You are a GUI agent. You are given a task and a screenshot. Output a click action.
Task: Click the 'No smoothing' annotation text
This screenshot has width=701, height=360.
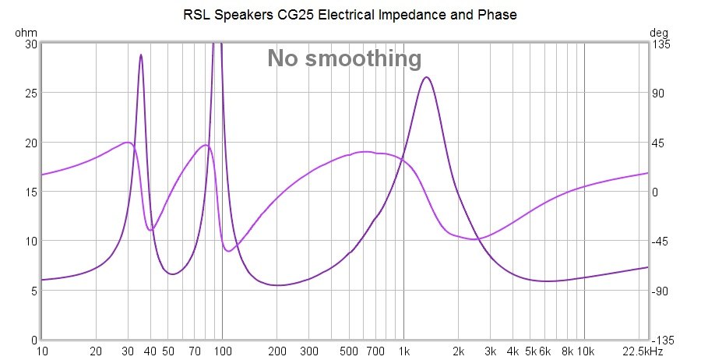tap(344, 58)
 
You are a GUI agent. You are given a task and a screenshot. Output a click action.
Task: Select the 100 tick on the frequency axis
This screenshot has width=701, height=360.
tap(223, 351)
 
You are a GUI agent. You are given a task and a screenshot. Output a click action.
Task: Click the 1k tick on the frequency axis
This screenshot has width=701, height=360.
tap(403, 351)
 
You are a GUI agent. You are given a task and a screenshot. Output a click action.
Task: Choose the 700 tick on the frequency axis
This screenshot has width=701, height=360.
tap(375, 351)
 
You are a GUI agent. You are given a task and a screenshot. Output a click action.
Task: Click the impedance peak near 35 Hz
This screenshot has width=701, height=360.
tap(141, 55)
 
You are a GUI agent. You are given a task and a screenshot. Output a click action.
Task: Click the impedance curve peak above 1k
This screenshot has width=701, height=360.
tap(426, 77)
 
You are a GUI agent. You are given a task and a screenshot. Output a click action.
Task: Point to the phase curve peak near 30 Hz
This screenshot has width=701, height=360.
tap(127, 143)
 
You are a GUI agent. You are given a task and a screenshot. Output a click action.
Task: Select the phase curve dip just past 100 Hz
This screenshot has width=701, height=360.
tap(228, 251)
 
